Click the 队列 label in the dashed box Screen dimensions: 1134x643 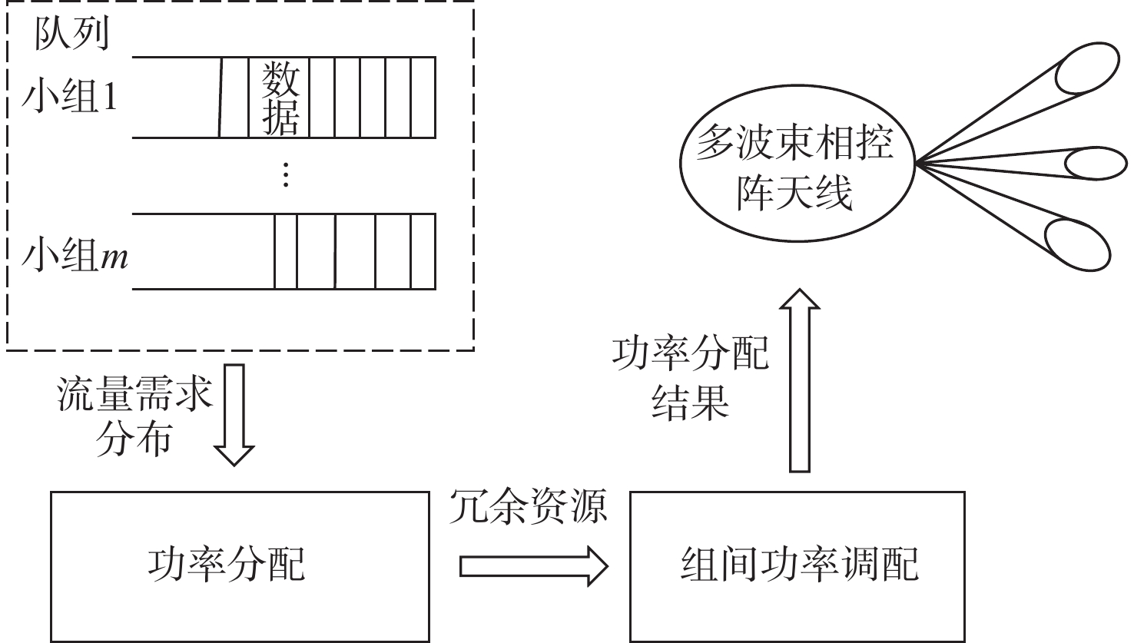(71, 35)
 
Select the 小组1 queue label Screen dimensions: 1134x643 (69, 97)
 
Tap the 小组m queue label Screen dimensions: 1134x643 (75, 256)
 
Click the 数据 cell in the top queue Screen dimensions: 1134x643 (279, 98)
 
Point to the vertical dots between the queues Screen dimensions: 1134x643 (286, 174)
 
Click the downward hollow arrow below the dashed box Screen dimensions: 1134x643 (234, 415)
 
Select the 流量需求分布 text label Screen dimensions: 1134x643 (134, 415)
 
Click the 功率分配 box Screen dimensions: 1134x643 (240, 566)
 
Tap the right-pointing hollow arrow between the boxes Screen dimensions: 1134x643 (534, 566)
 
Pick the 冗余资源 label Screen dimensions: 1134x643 (528, 506)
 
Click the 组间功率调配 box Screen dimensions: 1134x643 (797, 566)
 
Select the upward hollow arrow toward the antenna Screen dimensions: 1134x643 (799, 380)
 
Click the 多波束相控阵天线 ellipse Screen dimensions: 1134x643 (797, 163)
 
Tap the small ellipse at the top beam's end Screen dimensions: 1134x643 (1087, 68)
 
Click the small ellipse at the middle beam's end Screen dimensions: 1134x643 (1096, 163)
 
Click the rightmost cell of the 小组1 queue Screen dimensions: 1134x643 (423, 98)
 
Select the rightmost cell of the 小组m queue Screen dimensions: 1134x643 (423, 252)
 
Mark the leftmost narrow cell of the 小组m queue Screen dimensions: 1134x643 (286, 252)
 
